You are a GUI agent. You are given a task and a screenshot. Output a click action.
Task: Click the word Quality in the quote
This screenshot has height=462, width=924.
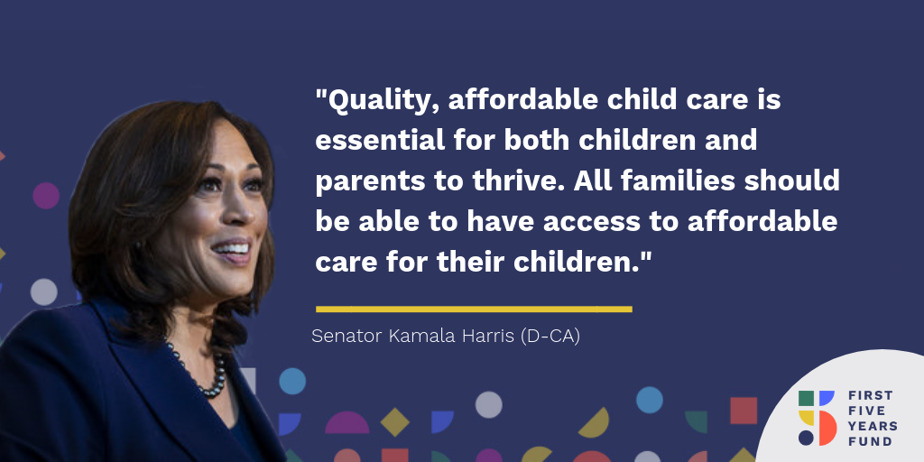382,101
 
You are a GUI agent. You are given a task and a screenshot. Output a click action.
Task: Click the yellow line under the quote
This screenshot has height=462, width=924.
474,309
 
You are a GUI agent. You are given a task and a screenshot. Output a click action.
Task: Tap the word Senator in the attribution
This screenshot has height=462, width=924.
346,336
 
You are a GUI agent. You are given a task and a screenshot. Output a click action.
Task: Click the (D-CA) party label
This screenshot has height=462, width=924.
550,337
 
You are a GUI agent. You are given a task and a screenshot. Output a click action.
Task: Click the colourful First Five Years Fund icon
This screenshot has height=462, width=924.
818,418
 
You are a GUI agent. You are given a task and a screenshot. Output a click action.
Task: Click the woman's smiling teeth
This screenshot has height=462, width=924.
232,249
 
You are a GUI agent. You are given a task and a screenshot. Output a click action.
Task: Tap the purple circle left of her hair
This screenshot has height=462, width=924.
46,196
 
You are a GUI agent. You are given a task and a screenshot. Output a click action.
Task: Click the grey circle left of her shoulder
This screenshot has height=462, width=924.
43,291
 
